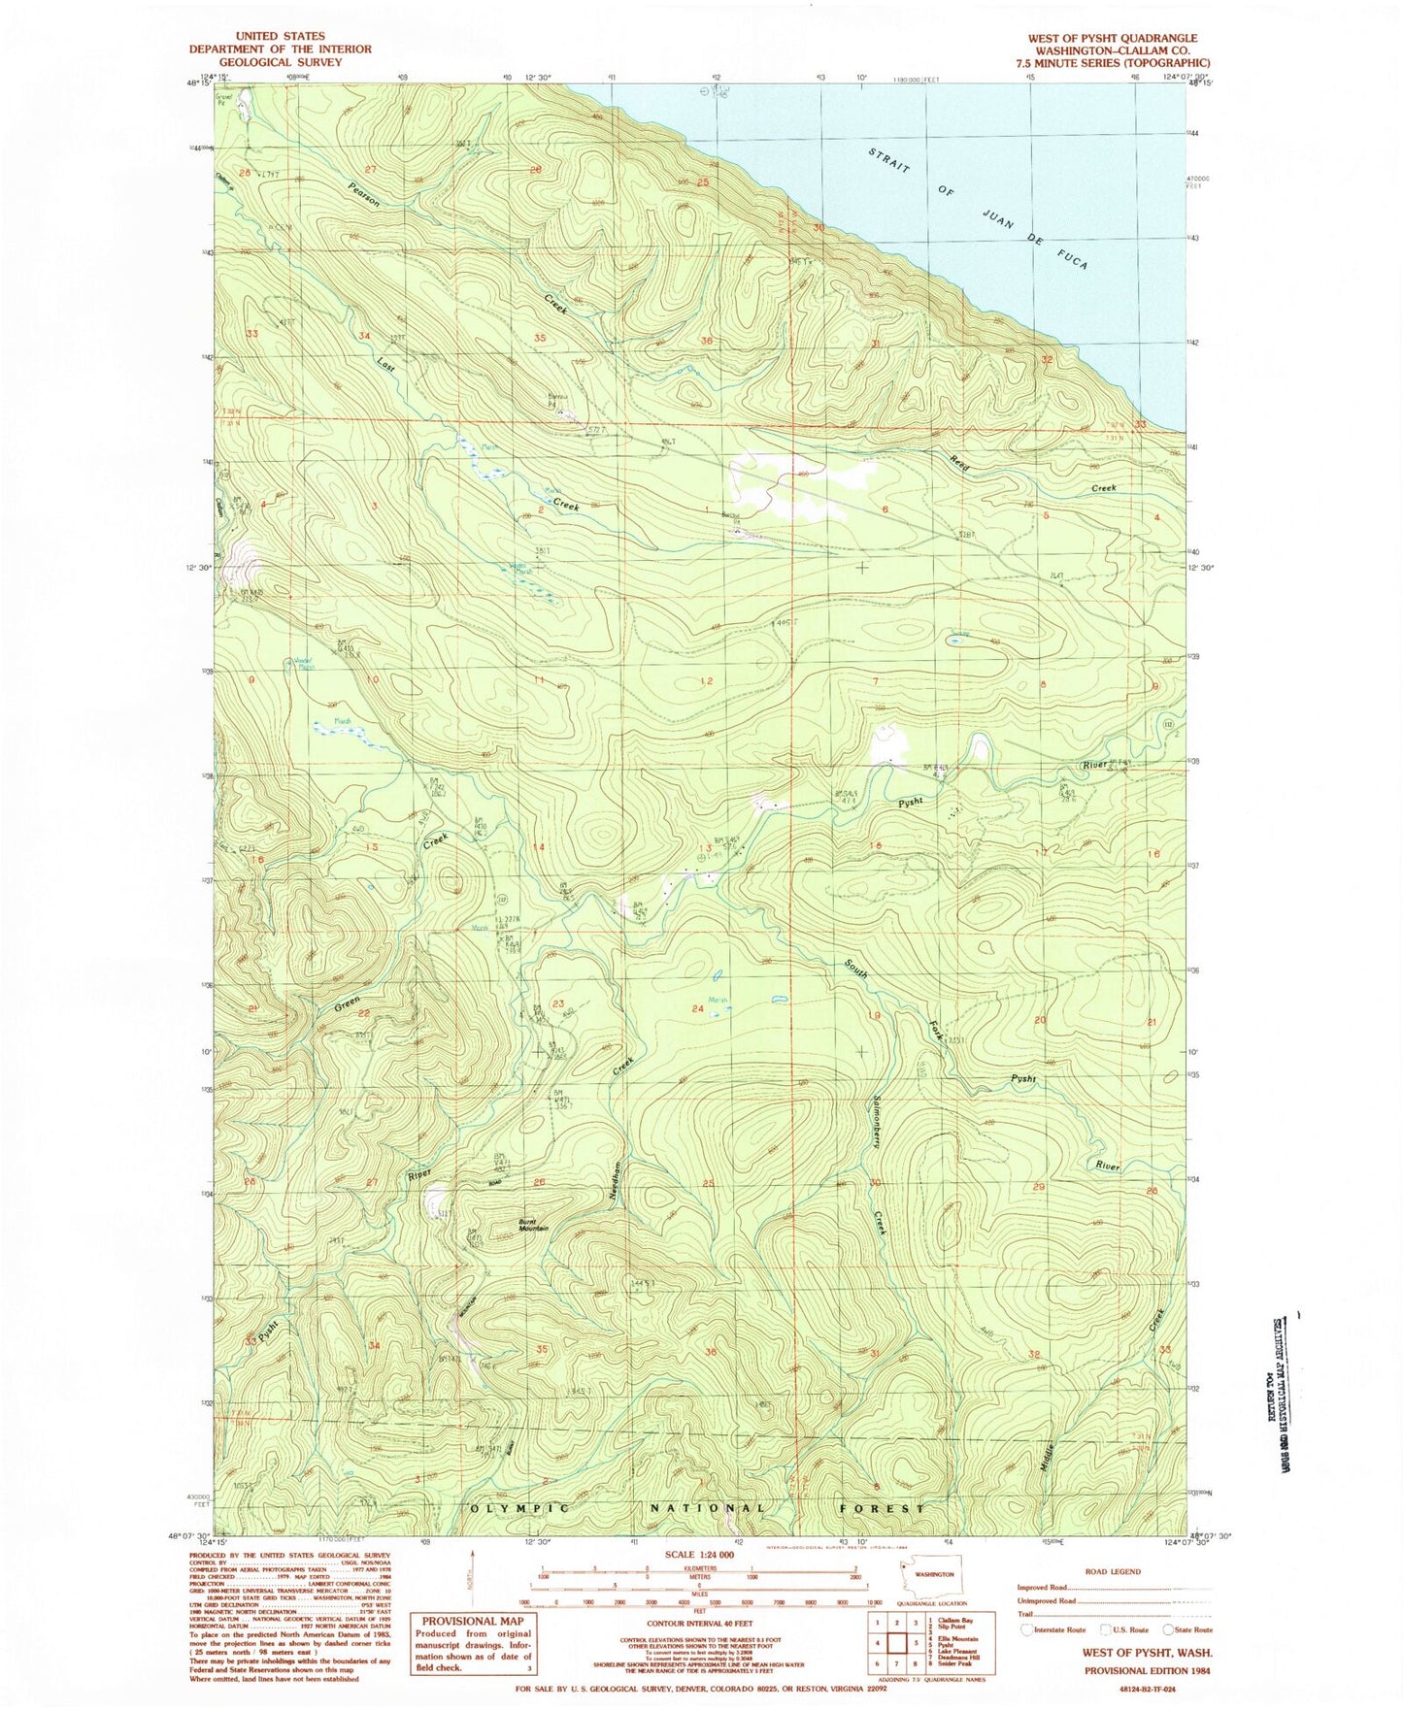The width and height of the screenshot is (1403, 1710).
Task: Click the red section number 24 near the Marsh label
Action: point(697,1009)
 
